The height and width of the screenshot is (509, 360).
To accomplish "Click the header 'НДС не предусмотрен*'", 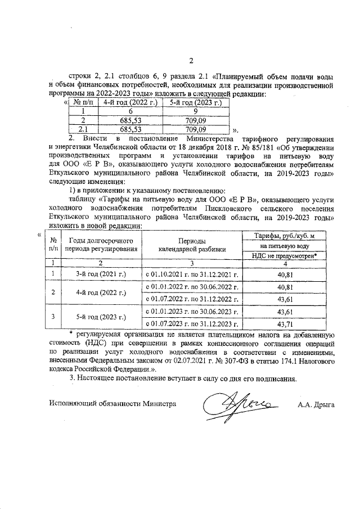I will [287, 255].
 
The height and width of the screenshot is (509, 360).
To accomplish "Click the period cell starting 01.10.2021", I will [192, 274].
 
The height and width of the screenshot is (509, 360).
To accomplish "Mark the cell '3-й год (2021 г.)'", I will [101, 274].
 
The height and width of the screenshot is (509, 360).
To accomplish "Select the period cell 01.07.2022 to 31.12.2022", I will [192, 299].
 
